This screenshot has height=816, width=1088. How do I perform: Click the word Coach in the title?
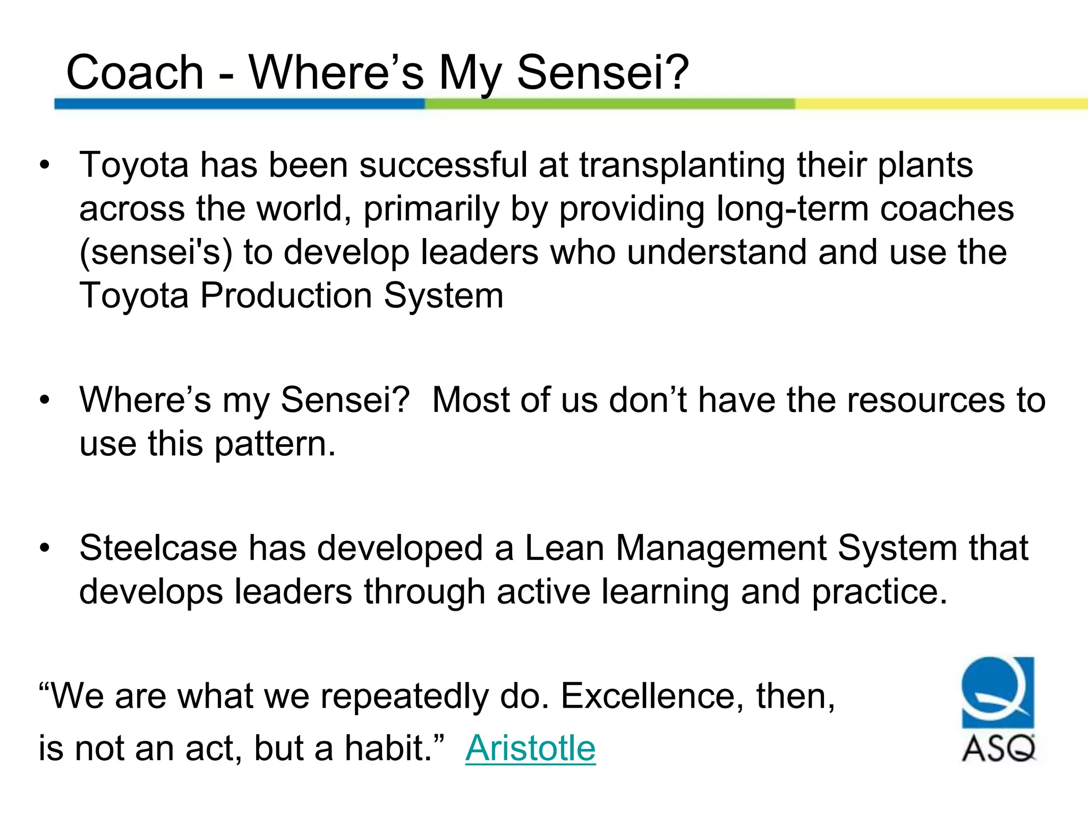click(x=135, y=73)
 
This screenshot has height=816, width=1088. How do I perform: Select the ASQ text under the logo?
click(x=998, y=749)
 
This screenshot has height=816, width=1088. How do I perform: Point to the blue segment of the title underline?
click(x=239, y=104)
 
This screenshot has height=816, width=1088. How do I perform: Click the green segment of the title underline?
click(x=609, y=104)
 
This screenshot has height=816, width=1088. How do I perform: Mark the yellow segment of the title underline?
click(x=940, y=104)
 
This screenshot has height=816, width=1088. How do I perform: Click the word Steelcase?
click(x=158, y=548)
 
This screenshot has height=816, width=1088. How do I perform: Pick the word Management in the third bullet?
click(x=721, y=548)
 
